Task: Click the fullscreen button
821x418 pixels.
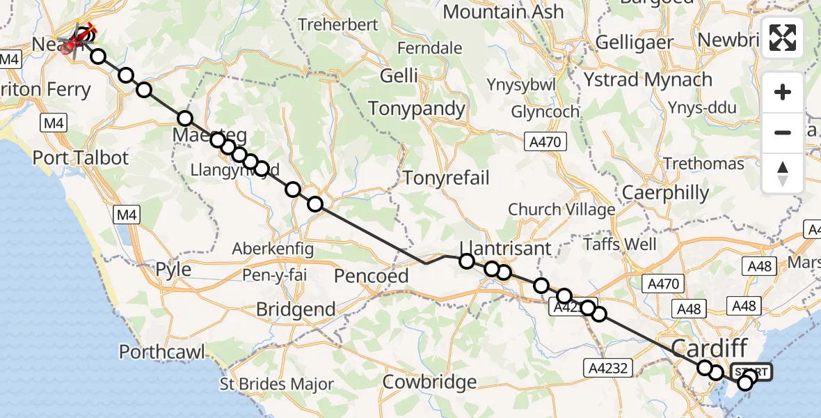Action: (x=783, y=38)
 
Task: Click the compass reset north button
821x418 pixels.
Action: (x=783, y=173)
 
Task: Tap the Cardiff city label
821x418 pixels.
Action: (x=709, y=347)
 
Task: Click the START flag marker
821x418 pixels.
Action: (x=751, y=372)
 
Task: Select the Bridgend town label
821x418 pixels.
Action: (x=296, y=309)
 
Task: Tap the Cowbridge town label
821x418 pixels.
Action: (x=430, y=382)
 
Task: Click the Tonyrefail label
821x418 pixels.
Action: (x=446, y=178)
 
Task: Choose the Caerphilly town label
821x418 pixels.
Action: (x=666, y=192)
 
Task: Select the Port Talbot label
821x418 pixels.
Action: (x=81, y=157)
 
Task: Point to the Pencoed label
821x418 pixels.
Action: (x=371, y=276)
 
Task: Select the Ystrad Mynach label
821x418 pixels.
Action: (x=648, y=80)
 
